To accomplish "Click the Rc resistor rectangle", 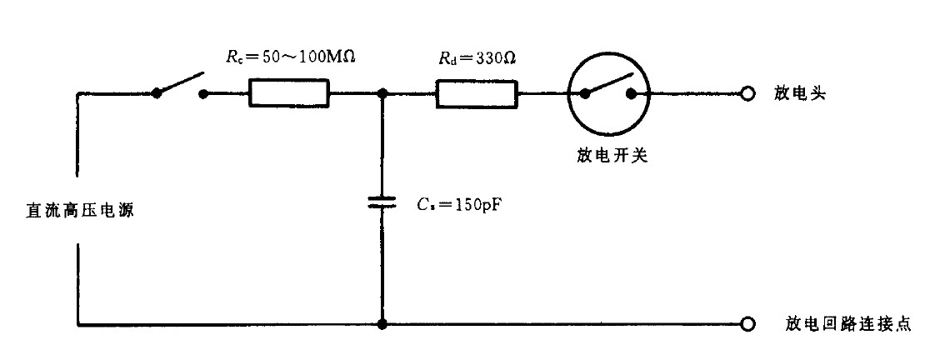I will tap(290, 94).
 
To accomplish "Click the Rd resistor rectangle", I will tap(477, 94).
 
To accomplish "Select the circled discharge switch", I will tap(608, 94).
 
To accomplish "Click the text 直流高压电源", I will tap(79, 211).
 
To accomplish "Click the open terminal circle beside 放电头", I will tap(748, 94).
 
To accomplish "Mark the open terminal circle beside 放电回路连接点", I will tap(748, 324).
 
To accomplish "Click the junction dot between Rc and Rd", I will tap(382, 94).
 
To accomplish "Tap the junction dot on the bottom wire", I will tap(382, 324).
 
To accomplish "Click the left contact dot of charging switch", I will tap(156, 94).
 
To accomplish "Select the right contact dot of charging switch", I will tap(202, 94).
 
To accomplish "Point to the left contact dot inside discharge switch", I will tap(585, 94).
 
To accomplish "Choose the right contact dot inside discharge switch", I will tap(632, 94).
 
